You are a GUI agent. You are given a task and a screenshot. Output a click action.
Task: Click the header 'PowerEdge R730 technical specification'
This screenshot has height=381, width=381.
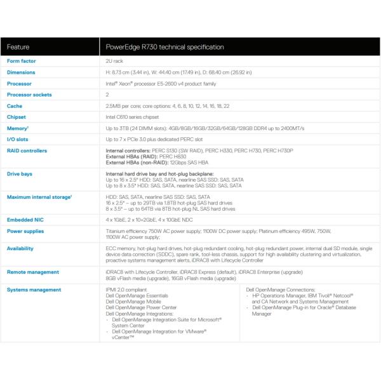click(164, 47)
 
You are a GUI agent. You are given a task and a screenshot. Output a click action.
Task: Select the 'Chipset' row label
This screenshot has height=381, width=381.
click(17, 117)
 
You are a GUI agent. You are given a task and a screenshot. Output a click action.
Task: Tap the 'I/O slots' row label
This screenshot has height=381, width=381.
click(17, 139)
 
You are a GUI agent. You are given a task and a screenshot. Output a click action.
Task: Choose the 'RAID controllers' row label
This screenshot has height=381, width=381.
click(27, 150)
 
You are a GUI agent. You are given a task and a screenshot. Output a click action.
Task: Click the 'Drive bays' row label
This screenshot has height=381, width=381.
click(19, 173)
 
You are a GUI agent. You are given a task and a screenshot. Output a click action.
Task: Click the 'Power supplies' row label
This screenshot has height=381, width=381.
click(25, 231)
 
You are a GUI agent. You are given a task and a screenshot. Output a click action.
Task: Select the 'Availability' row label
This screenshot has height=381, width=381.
click(20, 248)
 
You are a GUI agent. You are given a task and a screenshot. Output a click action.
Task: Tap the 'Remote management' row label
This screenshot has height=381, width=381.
click(32, 271)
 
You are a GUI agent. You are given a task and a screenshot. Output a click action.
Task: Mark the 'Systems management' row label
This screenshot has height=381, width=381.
click(34, 290)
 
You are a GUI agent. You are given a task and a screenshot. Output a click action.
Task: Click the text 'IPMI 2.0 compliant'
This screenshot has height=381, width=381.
click(126, 290)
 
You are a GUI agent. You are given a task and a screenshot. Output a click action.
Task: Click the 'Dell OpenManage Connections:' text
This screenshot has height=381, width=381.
click(278, 290)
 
